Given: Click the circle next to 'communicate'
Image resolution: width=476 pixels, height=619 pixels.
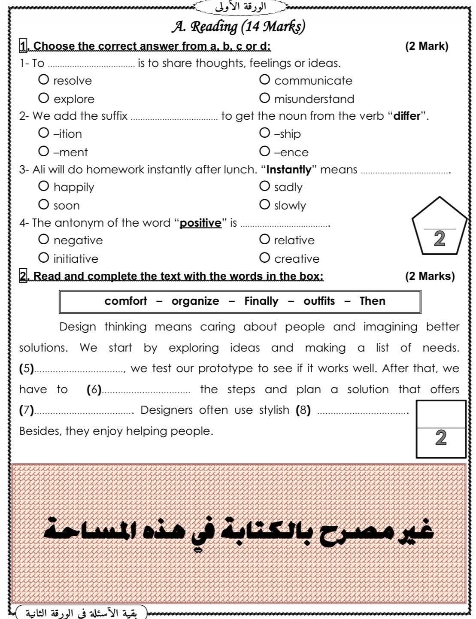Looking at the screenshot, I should coord(264,80).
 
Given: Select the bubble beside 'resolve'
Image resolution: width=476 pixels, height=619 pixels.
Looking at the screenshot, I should coord(43,80).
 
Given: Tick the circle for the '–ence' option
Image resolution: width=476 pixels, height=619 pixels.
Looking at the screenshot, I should coord(264,151).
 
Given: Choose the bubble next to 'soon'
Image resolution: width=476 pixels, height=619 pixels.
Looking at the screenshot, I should coord(43,204).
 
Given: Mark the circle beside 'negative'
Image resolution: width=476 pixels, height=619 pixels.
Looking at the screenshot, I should coord(43,239).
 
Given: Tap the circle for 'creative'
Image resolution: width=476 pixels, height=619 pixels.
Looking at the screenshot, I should coord(264,258).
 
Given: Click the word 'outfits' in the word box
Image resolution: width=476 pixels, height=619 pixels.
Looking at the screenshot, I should coord(319,301).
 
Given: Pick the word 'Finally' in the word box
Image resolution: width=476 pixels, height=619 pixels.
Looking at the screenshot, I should coord(261,301).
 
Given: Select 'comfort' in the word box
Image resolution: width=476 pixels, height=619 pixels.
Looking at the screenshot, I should coord(125,301).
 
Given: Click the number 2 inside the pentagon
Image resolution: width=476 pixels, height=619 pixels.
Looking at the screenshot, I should coord(439,239).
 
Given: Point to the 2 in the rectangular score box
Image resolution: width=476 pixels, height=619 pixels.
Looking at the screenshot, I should coord(441,438).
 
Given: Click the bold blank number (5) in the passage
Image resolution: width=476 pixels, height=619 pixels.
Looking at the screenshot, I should coord(27,369).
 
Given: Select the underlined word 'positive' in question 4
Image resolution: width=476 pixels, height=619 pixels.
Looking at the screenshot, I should coord(200,223).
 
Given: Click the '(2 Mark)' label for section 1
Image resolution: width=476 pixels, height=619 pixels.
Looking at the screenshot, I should coord(426,46).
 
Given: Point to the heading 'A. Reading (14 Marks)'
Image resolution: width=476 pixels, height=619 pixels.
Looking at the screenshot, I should coord(238,27).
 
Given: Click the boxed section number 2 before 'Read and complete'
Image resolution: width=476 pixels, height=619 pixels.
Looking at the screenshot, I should coord(23,276).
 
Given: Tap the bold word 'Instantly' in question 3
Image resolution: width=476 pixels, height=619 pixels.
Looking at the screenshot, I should coord(289,170).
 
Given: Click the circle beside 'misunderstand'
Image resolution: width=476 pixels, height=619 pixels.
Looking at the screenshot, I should coord(264,98).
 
